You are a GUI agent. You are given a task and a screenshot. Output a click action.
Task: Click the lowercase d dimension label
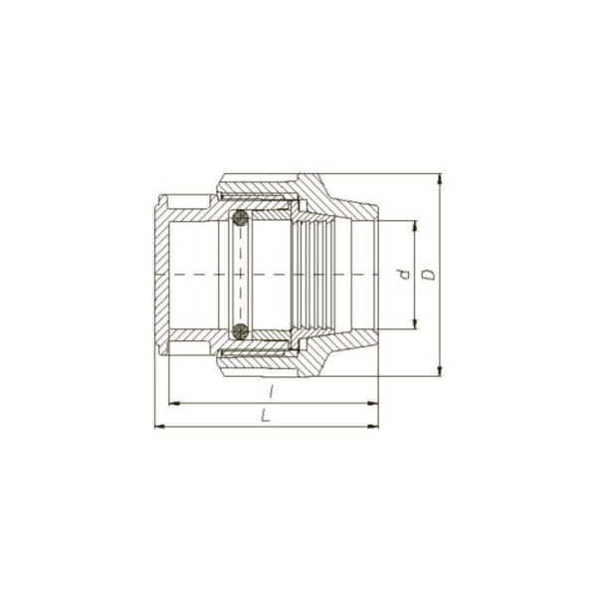(x=406, y=275)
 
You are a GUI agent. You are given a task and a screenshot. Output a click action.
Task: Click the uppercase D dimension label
(x=430, y=275)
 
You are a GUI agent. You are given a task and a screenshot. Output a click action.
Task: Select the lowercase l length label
(x=271, y=391)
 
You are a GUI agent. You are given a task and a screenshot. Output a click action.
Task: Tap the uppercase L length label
(x=266, y=415)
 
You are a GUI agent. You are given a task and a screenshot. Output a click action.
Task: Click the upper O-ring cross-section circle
(x=241, y=218)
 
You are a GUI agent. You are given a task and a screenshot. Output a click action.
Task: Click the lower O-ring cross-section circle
(x=241, y=331)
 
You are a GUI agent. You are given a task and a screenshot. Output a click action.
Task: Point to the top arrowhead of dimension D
(x=440, y=178)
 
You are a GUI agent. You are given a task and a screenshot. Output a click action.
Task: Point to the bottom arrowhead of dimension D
(x=440, y=371)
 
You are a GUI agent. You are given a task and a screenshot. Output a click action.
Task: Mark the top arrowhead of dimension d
(x=415, y=226)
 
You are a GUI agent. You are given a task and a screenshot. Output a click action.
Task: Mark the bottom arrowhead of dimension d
(x=415, y=323)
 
